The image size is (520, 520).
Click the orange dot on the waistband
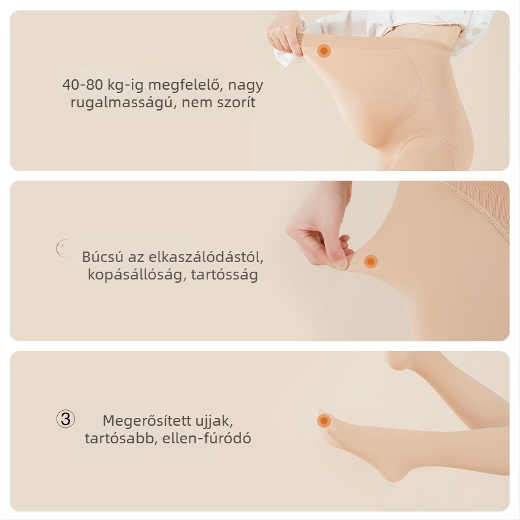(x=323, y=51)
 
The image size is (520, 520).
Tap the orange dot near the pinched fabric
(x=370, y=261)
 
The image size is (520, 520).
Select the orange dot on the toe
(x=323, y=421)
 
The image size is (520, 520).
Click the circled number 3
(x=66, y=419)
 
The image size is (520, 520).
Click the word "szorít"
(x=237, y=103)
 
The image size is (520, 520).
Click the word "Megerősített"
(x=141, y=421)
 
